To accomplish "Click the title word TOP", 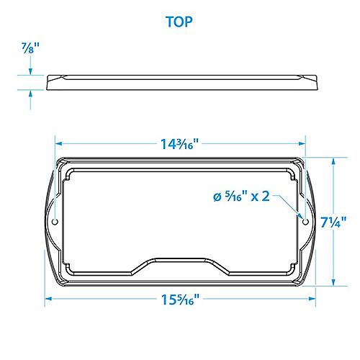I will (179, 22).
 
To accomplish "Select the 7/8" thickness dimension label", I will (30, 48).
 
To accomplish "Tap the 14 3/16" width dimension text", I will (180, 143).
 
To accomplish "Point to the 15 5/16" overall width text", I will (179, 300).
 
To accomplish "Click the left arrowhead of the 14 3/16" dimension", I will (59, 143).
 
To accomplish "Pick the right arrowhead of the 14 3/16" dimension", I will (301, 143).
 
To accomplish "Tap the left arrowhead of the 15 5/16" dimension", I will (49, 300).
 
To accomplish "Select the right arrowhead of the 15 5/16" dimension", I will (311, 300).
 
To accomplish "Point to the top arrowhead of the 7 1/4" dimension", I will (333, 162).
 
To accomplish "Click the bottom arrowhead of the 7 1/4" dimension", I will (333, 282).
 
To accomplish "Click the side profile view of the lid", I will (179, 82).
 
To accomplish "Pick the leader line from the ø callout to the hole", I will (291, 209).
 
